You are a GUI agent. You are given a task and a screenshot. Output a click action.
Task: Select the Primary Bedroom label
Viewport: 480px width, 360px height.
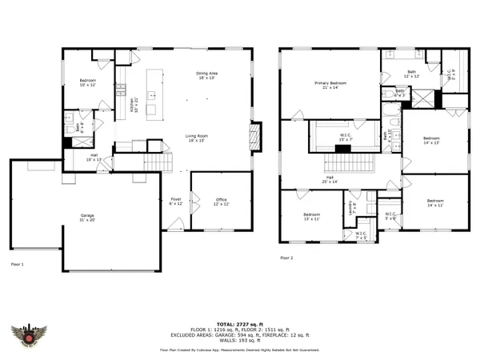(x=330, y=84)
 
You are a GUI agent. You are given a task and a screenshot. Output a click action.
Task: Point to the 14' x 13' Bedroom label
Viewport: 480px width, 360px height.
(x=432, y=142)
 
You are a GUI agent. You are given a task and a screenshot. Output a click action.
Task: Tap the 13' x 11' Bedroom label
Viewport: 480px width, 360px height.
(x=311, y=217)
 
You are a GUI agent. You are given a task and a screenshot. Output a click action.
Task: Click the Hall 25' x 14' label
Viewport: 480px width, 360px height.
(x=330, y=180)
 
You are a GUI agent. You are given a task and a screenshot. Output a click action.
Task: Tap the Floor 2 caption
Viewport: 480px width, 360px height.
(x=287, y=258)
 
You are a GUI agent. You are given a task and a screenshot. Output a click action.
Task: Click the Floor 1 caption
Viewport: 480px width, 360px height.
(x=18, y=263)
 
